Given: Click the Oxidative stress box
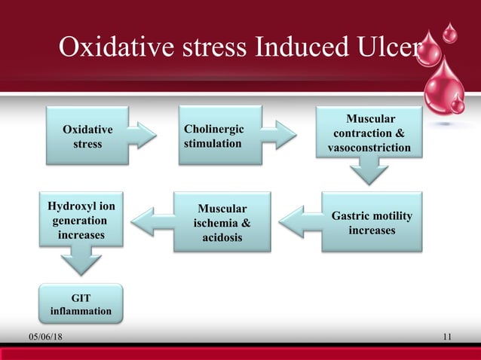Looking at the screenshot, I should [88, 136].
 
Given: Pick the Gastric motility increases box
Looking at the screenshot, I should [372, 221].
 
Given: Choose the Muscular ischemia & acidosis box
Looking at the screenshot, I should [222, 221].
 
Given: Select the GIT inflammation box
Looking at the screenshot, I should [81, 304].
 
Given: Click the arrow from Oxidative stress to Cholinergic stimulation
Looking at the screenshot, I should [142, 136].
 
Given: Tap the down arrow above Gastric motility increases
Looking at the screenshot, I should [369, 174].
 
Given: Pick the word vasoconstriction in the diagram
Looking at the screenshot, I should [369, 148].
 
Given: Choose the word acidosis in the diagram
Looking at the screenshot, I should [222, 238].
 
